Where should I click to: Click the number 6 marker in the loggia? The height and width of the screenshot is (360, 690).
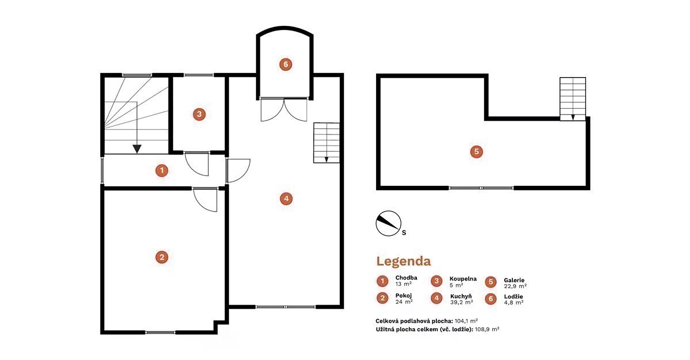tap(286, 64)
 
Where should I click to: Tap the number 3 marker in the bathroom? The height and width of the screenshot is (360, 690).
tap(200, 114)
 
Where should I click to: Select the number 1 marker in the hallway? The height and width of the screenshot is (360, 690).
tap(162, 170)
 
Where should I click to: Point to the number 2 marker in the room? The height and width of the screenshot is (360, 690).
tap(162, 257)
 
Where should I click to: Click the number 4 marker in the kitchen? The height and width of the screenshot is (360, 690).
tap(286, 198)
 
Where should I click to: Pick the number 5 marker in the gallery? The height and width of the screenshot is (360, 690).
tap(477, 151)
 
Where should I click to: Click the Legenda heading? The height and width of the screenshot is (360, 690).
tap(404, 261)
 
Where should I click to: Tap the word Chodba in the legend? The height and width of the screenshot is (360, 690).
tap(407, 278)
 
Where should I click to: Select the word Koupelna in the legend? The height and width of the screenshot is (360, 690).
tap(463, 279)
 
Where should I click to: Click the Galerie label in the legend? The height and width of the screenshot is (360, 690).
tap(514, 280)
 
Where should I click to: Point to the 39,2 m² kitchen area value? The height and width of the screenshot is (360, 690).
tap(461, 302)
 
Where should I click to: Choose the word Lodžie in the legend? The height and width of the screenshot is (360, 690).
tap(513, 297)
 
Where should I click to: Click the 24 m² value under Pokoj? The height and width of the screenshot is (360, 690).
tap(404, 302)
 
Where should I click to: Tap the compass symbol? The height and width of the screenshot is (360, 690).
tap(389, 223)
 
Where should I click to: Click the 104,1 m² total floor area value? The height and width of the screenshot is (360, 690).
tap(466, 320)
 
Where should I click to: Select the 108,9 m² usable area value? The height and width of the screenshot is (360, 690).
tap(487, 329)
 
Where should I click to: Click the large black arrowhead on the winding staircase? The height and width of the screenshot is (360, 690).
tap(137, 149)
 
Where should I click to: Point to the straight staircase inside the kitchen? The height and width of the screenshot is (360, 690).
tap(327, 143)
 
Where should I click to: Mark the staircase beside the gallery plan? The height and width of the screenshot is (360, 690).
tap(573, 99)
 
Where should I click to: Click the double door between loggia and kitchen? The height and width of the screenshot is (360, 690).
tap(284, 109)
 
